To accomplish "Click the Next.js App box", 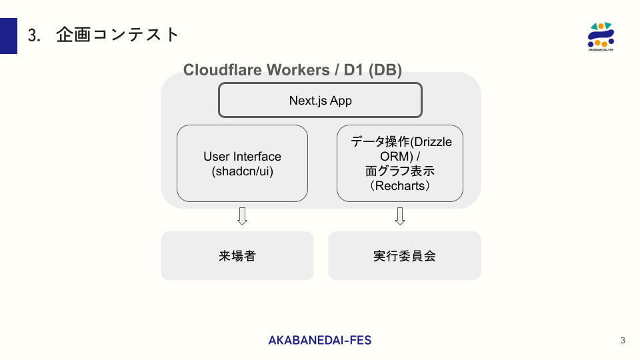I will (x=320, y=101).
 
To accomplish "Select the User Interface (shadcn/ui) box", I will (x=242, y=163).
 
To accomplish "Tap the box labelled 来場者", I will (x=237, y=255).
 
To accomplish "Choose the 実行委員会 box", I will (x=404, y=255).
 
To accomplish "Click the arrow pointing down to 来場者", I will (x=243, y=216).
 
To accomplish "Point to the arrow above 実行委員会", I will (x=400, y=216).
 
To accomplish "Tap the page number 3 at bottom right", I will (x=623, y=341).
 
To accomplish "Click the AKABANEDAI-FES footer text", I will (x=320, y=340).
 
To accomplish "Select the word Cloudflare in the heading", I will (x=222, y=70).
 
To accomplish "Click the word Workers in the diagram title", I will (x=297, y=70).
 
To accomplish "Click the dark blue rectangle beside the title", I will (x=9, y=36).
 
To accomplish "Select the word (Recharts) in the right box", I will (x=400, y=186).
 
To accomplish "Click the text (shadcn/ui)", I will (x=242, y=171).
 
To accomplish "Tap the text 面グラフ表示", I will (x=400, y=171).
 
